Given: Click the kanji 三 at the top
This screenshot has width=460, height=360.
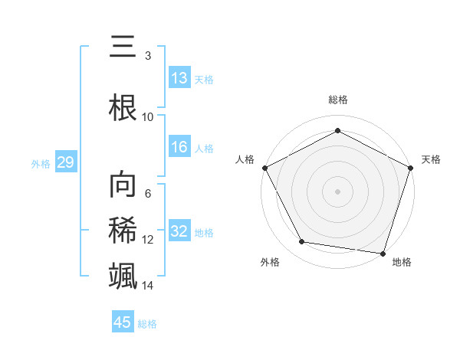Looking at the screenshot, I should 123,47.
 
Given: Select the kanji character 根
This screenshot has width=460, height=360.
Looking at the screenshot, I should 123,106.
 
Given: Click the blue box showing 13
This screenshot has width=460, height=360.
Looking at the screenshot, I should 179,78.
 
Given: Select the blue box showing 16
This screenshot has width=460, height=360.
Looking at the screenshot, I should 179,148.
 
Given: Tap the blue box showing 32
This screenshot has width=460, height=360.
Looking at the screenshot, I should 179,232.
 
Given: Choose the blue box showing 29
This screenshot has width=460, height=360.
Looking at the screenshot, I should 65,163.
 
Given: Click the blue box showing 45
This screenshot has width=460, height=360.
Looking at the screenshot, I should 123,322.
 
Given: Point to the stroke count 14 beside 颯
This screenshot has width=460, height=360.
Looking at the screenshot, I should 148,285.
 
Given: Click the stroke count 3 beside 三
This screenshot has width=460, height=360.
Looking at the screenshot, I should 148,55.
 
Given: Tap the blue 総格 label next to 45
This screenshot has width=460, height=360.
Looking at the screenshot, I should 147,324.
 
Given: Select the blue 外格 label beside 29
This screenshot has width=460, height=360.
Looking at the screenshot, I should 41,164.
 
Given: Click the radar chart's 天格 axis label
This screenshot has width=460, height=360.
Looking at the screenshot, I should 431,159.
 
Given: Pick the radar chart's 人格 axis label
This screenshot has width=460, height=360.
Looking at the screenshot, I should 245,159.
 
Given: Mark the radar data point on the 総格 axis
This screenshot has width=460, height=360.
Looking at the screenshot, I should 337,131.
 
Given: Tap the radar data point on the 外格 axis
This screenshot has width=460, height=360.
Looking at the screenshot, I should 302,242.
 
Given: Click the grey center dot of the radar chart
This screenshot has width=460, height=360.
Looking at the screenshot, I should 337,191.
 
